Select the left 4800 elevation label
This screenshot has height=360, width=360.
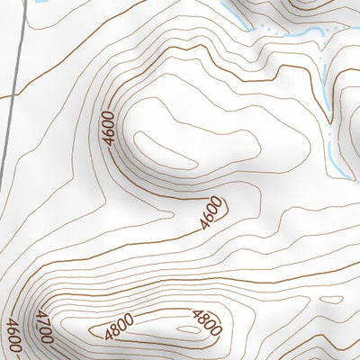[119, 325]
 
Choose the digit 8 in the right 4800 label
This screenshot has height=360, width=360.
[203, 319]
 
